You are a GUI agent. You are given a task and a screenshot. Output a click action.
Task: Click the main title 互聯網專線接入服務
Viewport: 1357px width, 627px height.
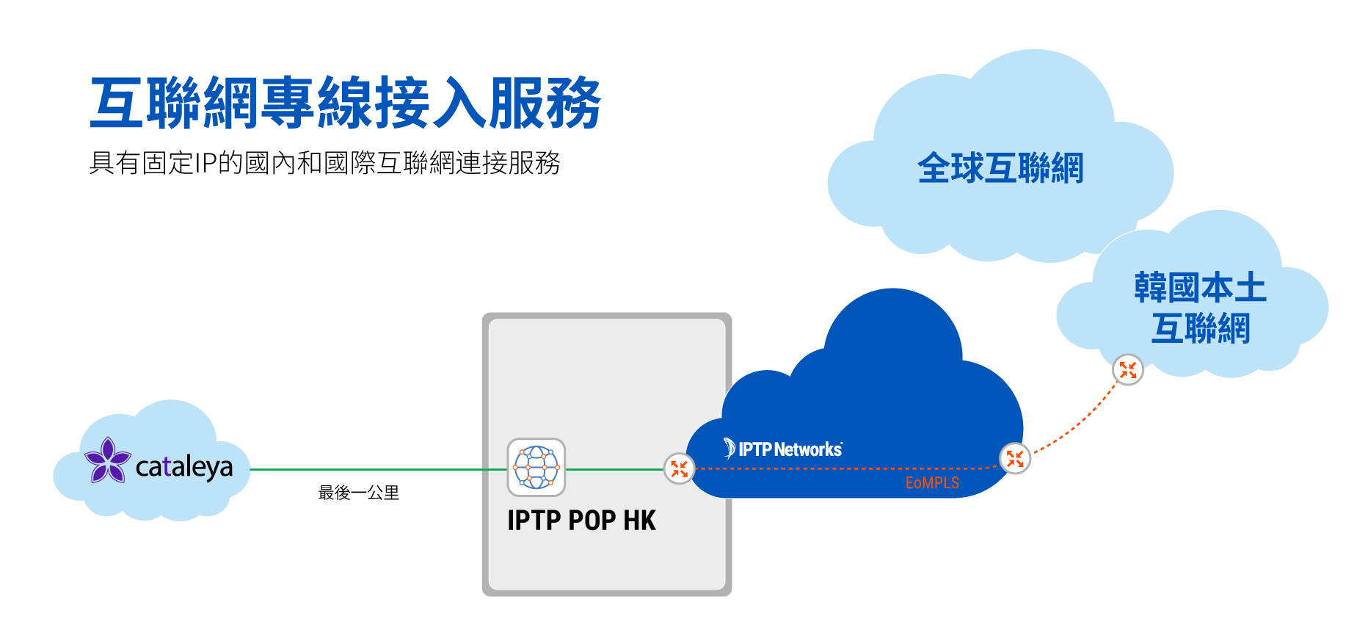(345, 104)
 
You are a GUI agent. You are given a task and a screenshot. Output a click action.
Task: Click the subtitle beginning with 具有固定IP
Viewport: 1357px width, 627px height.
(324, 163)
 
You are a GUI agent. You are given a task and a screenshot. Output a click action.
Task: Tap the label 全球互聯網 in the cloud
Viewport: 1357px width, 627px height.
(1000, 168)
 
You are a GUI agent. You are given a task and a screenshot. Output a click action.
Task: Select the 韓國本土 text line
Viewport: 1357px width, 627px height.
(1200, 288)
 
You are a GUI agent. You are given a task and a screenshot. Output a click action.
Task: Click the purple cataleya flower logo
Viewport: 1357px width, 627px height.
(108, 460)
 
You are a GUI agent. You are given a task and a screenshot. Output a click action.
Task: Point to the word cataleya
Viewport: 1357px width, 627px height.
(184, 467)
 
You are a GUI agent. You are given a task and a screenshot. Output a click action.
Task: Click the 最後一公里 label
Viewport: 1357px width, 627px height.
(359, 493)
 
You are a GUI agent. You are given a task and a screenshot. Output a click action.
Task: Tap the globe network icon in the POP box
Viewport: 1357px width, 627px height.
(536, 468)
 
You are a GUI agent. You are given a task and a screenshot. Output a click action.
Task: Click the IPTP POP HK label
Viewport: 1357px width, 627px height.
(581, 521)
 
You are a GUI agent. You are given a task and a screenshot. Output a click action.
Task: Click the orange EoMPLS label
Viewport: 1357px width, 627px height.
(932, 483)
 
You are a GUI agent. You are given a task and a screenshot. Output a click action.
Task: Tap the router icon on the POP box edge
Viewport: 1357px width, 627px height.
(679, 468)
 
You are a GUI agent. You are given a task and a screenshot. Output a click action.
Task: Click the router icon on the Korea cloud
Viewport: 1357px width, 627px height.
(1128, 370)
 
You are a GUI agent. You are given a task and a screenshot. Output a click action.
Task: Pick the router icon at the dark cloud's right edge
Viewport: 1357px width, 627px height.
(1015, 459)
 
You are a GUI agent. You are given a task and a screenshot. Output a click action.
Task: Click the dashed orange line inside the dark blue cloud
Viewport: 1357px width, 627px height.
(844, 468)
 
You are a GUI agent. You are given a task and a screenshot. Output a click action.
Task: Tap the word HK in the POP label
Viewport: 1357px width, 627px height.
(639, 521)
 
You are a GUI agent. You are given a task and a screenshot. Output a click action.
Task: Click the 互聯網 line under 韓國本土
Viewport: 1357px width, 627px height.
(1200, 328)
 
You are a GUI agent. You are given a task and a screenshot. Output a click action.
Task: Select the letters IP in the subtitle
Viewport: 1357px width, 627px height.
(205, 163)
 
